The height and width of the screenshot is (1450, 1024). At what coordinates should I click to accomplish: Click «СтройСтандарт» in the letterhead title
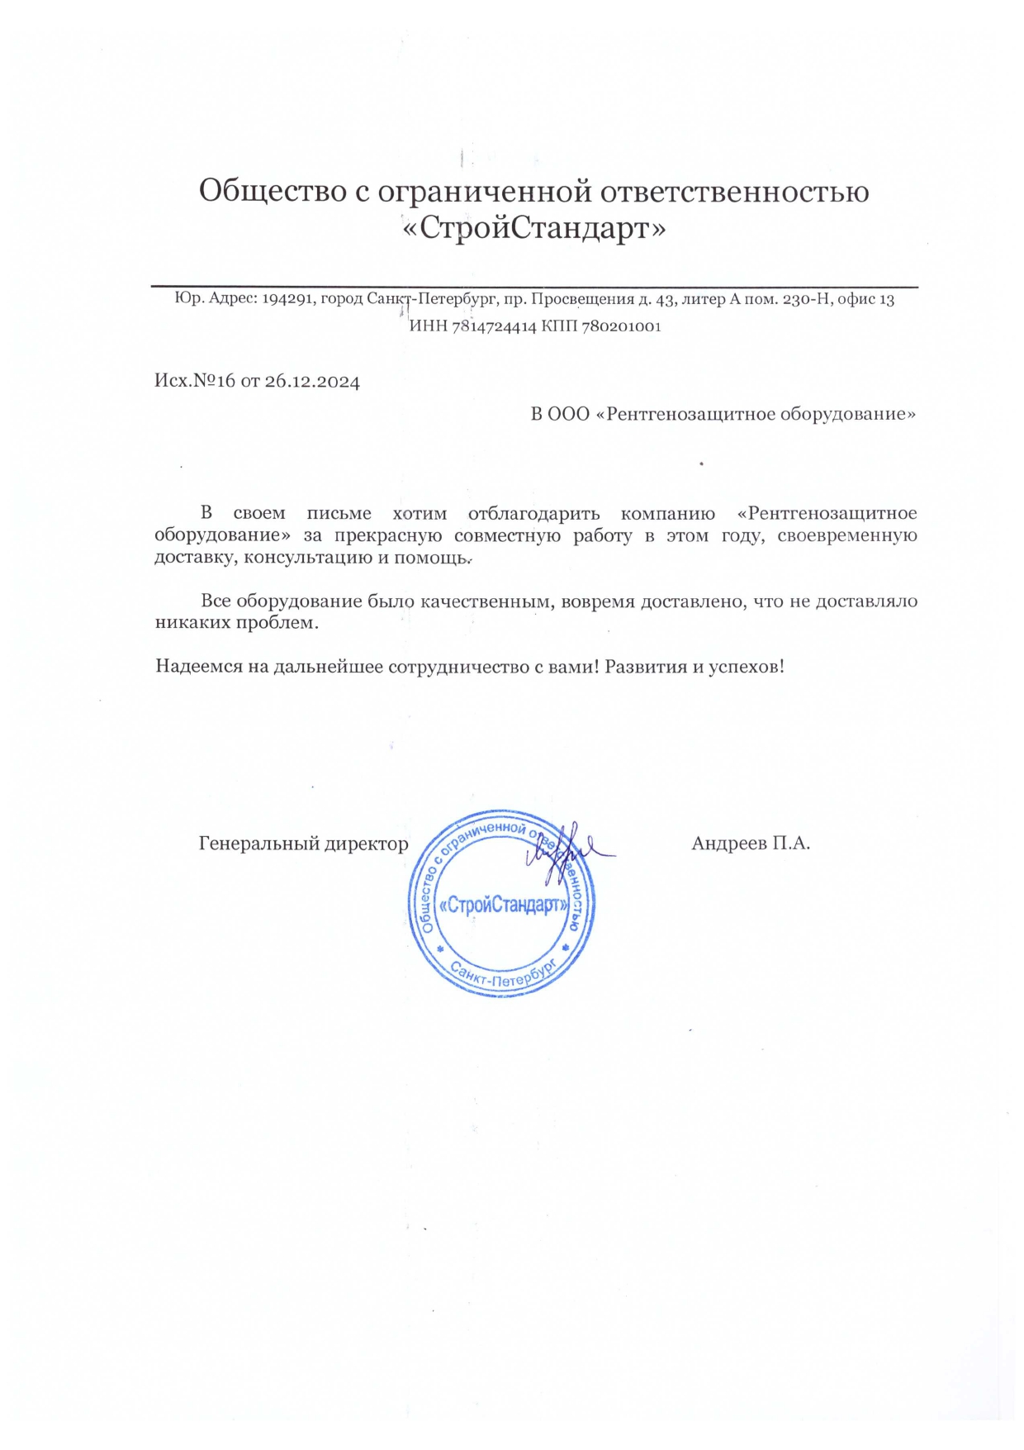pos(533,228)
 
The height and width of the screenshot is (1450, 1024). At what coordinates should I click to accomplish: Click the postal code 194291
pos(287,299)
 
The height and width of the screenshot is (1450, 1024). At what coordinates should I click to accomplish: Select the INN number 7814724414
pos(494,326)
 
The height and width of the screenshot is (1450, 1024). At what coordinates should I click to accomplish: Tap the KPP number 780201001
pos(621,326)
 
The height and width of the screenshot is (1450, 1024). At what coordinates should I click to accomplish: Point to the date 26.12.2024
pos(312,382)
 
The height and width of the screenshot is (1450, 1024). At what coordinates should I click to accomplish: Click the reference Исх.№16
pos(195,381)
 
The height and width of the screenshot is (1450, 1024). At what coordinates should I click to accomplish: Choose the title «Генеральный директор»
pos(303,844)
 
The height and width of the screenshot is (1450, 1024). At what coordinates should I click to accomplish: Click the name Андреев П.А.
pos(750,844)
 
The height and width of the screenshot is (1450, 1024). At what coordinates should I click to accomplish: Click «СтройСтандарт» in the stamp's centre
pos(503,906)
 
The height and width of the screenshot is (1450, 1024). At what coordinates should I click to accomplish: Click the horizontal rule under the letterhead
pos(533,287)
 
